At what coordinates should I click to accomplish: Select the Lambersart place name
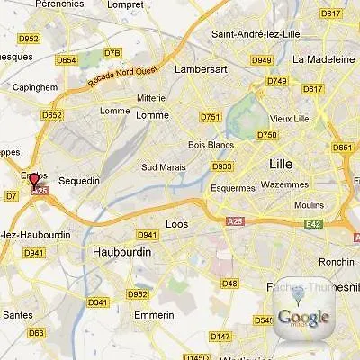coord(226,68)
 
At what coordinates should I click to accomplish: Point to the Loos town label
coord(178,224)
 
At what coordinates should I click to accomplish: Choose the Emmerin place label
coord(154,315)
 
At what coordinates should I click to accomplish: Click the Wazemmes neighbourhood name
coord(284,184)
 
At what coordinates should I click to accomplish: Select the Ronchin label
coord(337,262)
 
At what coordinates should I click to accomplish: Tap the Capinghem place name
coord(35,87)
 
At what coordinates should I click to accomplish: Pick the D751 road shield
coord(211,117)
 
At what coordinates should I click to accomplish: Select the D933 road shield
coord(221,166)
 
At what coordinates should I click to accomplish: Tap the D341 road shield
coord(98,301)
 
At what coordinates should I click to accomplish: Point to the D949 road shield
coord(262,60)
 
